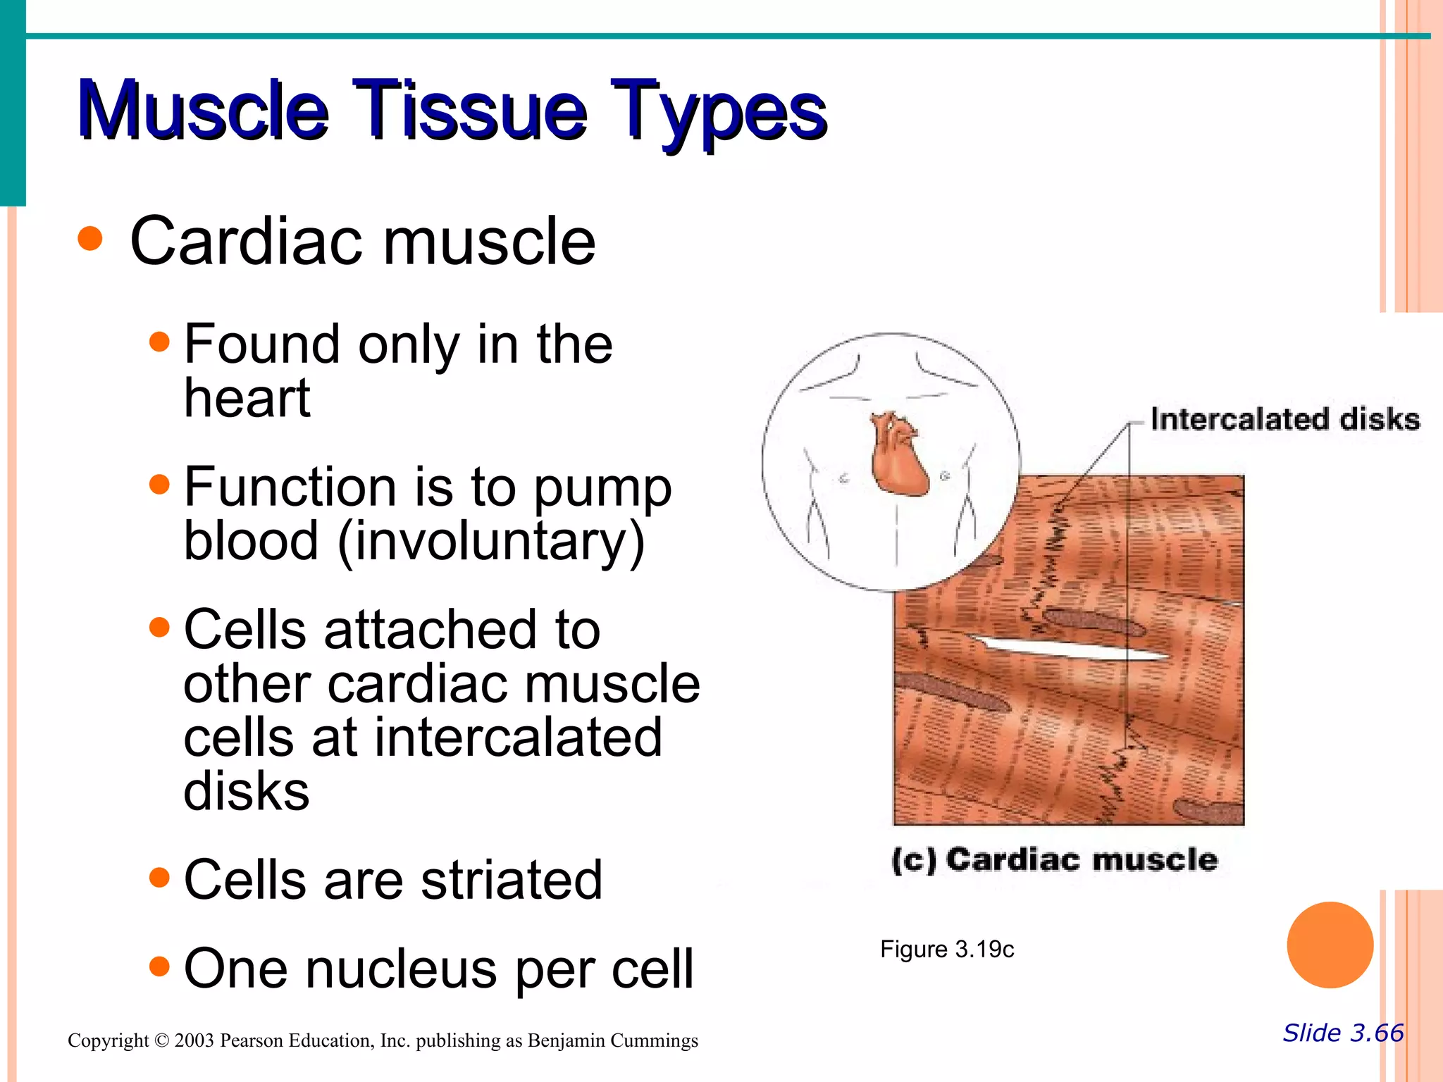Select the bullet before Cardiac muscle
tap(90, 239)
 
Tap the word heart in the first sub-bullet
tap(247, 398)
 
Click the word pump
tap(602, 490)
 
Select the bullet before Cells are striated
tap(160, 878)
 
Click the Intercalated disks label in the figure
tap(1284, 419)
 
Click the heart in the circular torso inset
tap(897, 456)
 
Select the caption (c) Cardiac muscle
tap(1054, 860)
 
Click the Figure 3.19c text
tap(946, 950)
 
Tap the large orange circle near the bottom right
tap(1330, 945)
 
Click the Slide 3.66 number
tap(1343, 1033)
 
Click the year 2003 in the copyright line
tap(194, 1041)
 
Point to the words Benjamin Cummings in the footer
tap(612, 1041)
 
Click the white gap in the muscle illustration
tap(1064, 647)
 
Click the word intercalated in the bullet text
tap(518, 738)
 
